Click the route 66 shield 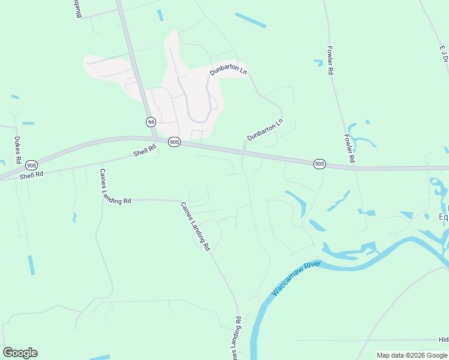click(151, 122)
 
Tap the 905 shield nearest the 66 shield click(174, 142)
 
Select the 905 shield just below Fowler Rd click(319, 164)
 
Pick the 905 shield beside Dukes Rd click(32, 165)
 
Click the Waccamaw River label click(296, 278)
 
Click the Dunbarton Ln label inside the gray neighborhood click(228, 71)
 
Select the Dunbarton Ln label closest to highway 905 click(265, 130)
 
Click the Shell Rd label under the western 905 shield click(31, 175)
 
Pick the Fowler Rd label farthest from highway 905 click(330, 60)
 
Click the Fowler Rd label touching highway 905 click(350, 148)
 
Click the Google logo click(20, 353)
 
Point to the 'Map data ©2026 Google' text click(412, 355)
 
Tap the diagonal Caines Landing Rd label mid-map click(196, 226)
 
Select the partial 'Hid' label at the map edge click(444, 340)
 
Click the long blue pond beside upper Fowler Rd click(250, 20)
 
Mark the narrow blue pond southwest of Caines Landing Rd click(31, 265)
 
